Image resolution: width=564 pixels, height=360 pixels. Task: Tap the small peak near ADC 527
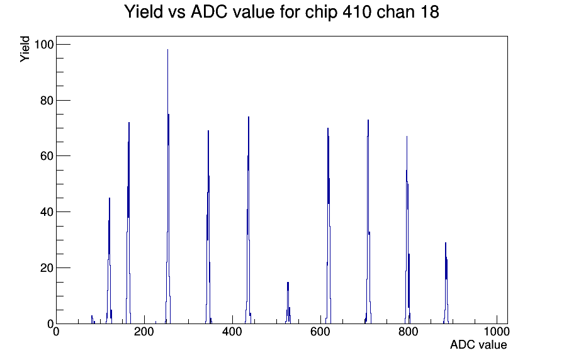click(x=288, y=303)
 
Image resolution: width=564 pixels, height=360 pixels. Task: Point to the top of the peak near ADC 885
click(x=446, y=242)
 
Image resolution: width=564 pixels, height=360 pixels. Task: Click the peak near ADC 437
click(x=248, y=220)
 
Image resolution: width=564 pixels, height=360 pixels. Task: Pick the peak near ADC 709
click(x=368, y=222)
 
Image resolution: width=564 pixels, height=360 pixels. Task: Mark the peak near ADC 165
click(x=128, y=223)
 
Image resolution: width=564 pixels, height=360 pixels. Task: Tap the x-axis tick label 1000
click(x=496, y=332)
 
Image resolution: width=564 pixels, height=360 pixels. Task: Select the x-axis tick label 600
click(x=320, y=332)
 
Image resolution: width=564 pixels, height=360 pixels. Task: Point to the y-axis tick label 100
click(x=43, y=45)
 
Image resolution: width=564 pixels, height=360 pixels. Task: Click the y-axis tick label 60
click(x=47, y=156)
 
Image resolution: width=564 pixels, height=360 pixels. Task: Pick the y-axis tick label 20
click(x=47, y=268)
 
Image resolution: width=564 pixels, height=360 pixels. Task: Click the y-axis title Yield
click(x=25, y=49)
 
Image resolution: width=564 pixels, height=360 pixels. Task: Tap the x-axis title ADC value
click(x=478, y=345)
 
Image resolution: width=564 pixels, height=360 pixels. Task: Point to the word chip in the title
click(x=321, y=13)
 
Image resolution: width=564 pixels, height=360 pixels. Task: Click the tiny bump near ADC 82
click(x=92, y=319)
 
